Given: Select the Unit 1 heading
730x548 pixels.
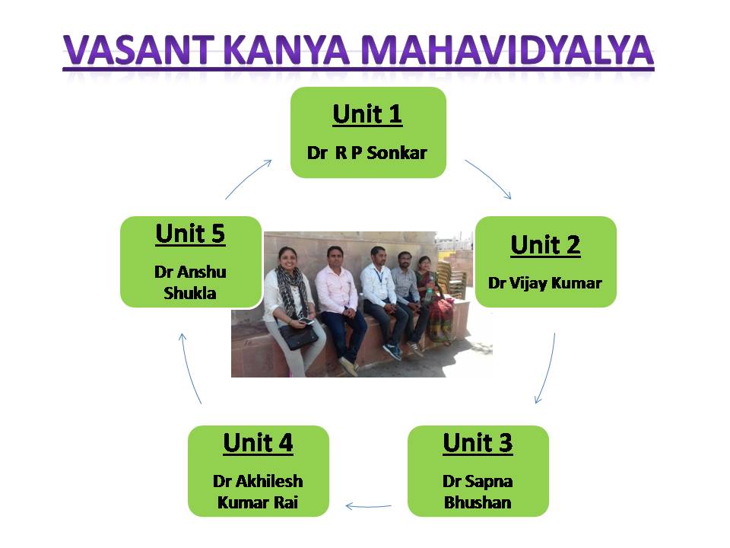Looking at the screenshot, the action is coord(367,113).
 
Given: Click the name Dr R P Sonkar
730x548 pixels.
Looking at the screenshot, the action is coord(367,152).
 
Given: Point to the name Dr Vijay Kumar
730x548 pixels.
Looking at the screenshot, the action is coord(545,283).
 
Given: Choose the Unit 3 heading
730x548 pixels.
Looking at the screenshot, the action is coord(478,443).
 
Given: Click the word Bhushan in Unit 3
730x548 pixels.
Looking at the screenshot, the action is coord(478,502).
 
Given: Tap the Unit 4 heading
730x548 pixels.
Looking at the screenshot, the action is coord(258,443).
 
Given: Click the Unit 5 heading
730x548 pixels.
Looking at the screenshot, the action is coord(190,234).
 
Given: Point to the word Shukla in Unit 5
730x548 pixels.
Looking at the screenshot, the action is coord(190,293).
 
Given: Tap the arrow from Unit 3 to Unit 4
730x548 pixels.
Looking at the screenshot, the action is coord(368,506).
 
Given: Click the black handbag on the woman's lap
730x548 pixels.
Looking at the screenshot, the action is coord(298,336).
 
